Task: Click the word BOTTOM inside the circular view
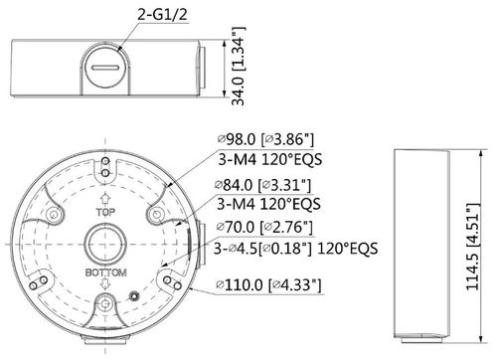pos(105,270)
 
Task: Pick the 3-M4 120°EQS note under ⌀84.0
pos(267,205)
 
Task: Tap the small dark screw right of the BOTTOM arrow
pos(134,294)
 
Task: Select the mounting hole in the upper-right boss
pos(152,213)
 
